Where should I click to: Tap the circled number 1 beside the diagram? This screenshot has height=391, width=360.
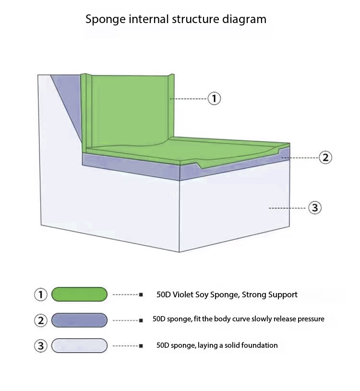tap(214, 99)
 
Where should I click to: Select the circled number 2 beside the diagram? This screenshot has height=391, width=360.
tap(325, 157)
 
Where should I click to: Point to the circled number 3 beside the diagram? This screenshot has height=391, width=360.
tap(314, 208)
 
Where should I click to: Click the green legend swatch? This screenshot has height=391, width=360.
tap(79, 294)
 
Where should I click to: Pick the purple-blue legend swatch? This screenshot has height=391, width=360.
tap(79, 320)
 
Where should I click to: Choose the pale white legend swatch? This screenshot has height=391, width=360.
tap(79, 345)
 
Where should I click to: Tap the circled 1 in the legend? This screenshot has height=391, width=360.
tap(41, 294)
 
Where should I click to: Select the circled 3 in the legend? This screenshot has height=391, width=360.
tap(41, 346)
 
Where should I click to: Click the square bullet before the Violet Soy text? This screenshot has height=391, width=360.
tap(141, 294)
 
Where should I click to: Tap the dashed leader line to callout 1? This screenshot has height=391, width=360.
tap(188, 99)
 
